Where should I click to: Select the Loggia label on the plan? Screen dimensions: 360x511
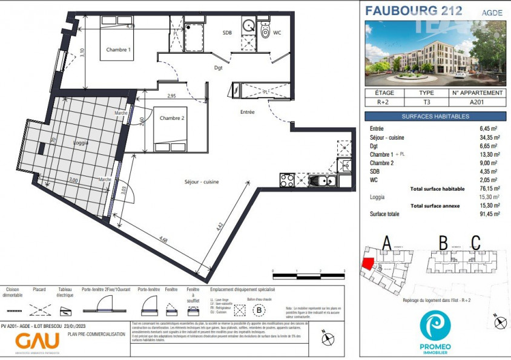point(80,143)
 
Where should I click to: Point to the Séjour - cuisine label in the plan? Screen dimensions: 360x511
point(202,182)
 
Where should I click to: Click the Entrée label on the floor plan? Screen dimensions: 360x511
point(247,112)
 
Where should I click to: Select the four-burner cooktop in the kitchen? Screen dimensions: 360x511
point(287,180)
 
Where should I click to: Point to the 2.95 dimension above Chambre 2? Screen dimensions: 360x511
point(171,96)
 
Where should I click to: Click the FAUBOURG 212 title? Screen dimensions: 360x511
point(414,10)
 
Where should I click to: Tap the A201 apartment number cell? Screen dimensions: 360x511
point(478,102)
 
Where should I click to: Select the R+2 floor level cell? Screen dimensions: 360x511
point(385,102)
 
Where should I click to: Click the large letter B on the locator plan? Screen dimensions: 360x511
point(443,243)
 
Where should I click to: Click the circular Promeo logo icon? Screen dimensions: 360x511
point(434,326)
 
